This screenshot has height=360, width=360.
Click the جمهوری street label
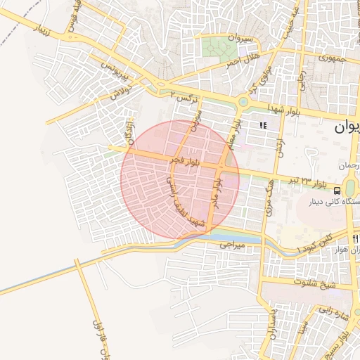click(333, 59)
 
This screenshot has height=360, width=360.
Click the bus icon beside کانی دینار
click(337, 190)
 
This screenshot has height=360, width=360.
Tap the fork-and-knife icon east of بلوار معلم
click(263, 125)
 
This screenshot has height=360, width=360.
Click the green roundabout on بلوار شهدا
click(243, 102)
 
